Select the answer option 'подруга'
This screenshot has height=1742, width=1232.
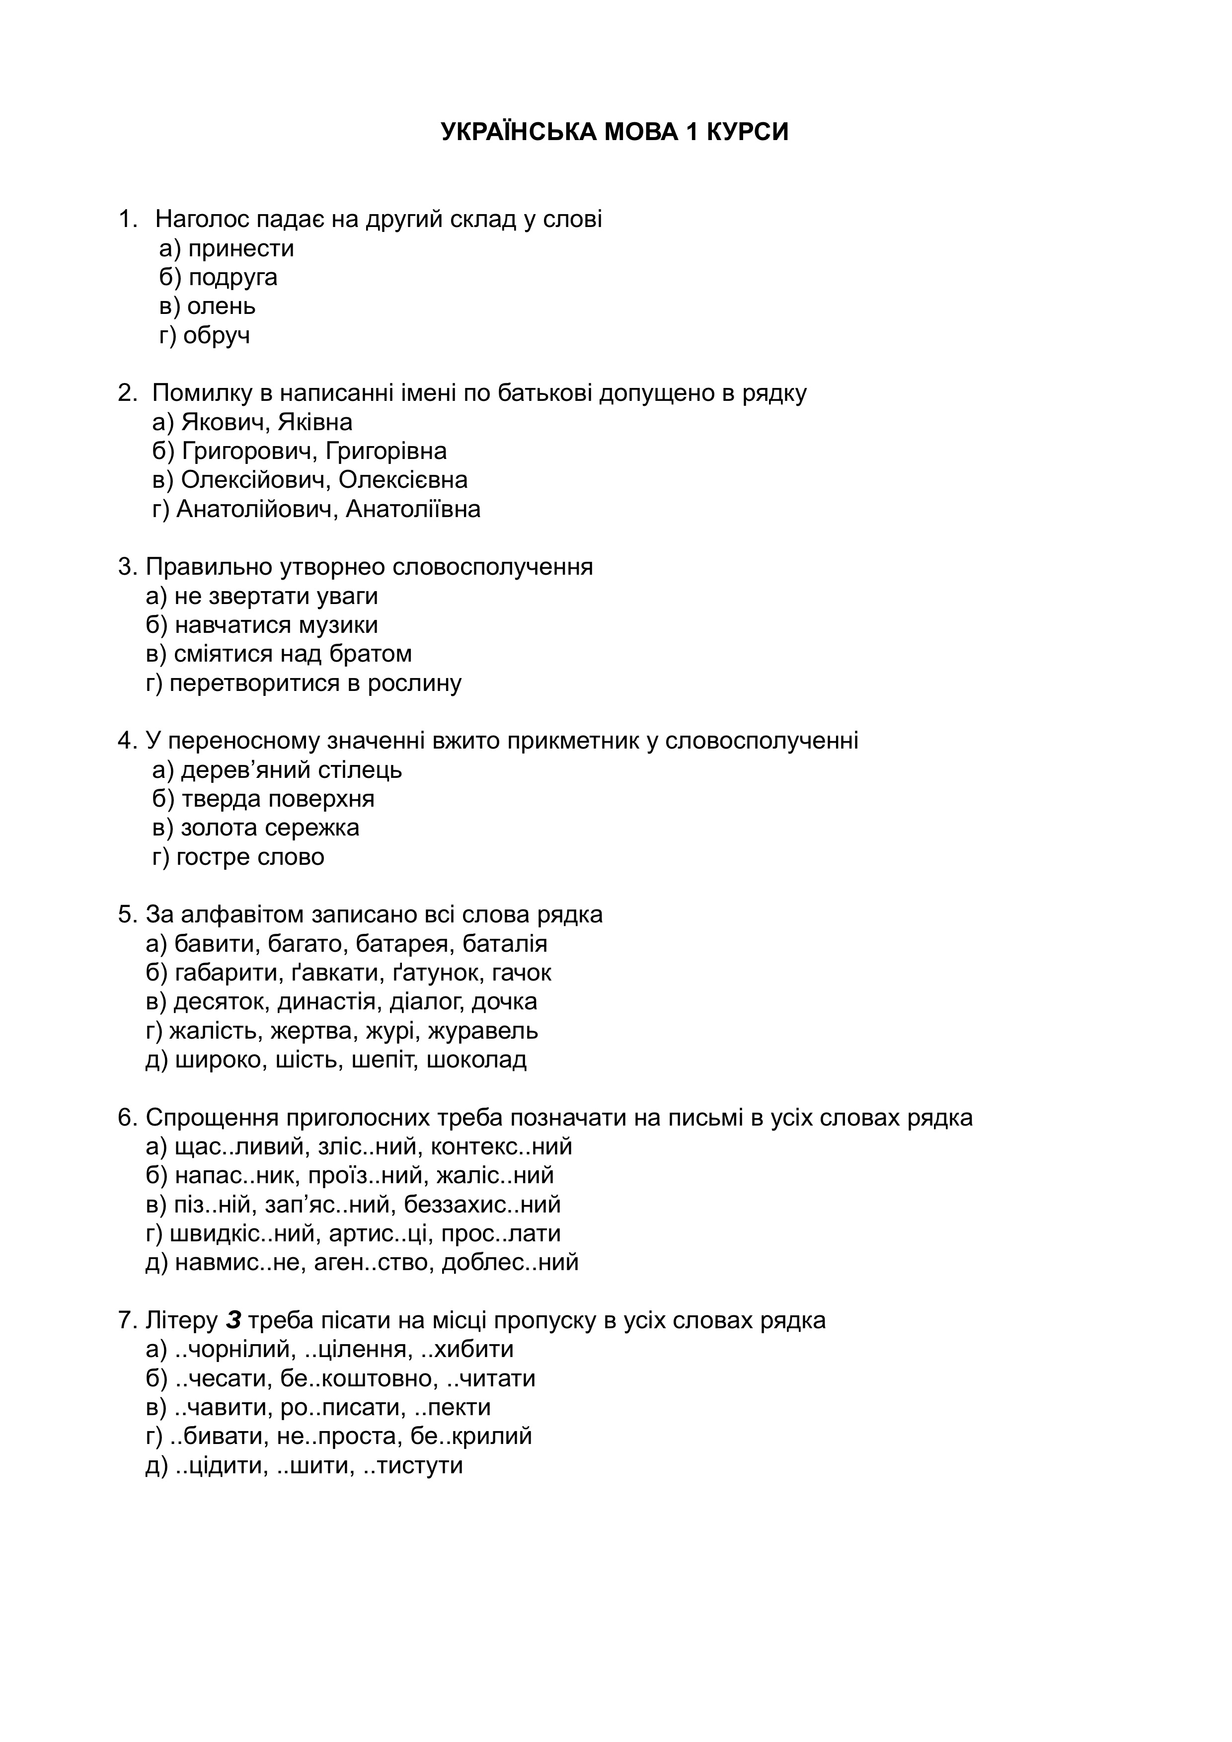click(x=233, y=278)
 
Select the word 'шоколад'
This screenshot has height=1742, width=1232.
click(x=476, y=1060)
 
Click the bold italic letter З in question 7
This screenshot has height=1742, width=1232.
click(x=233, y=1321)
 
